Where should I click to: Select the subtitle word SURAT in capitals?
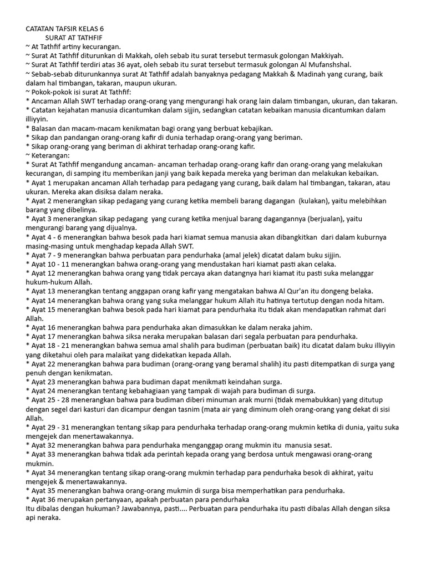[58, 37]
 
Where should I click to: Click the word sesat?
[323, 444]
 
